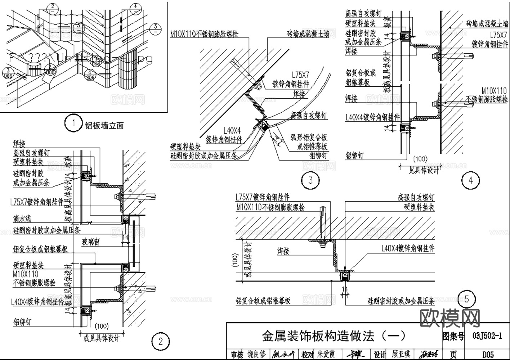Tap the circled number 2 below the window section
click(x=161, y=341)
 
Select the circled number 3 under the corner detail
click(x=310, y=180)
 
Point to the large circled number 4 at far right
click(x=471, y=180)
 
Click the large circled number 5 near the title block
click(x=467, y=299)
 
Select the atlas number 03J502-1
click(x=487, y=336)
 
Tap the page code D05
click(x=488, y=355)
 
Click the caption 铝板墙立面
click(x=104, y=125)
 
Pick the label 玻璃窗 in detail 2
click(x=90, y=242)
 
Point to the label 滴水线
click(x=22, y=219)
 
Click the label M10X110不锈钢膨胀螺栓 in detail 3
click(x=204, y=34)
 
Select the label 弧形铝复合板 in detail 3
click(x=309, y=138)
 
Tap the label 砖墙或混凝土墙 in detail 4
click(x=487, y=24)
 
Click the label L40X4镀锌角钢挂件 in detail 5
click(x=408, y=248)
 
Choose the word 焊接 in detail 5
click(x=283, y=251)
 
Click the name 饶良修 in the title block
click(x=256, y=355)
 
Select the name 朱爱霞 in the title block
click(x=326, y=355)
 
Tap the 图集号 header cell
click(x=453, y=336)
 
